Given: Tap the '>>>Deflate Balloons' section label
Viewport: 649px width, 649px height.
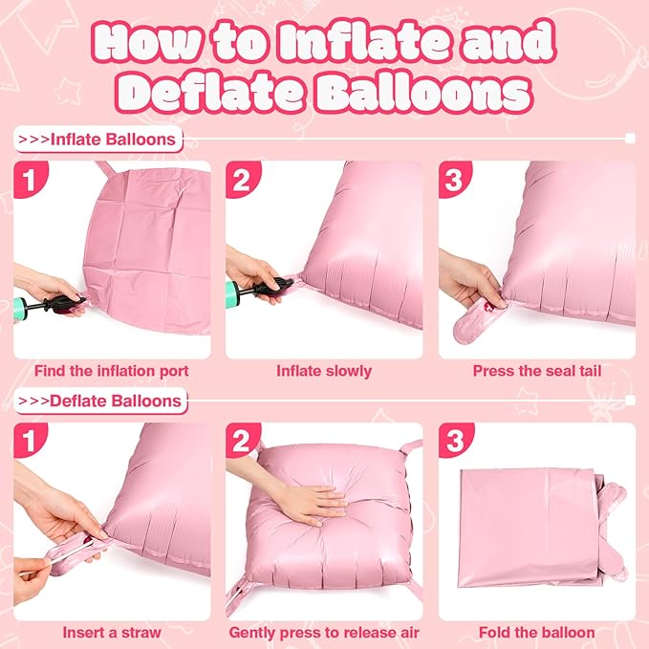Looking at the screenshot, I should pyautogui.click(x=102, y=400).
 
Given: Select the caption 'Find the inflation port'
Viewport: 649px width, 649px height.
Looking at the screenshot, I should pyautogui.click(x=112, y=370).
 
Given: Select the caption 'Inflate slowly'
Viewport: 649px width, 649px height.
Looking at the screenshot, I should pyautogui.click(x=324, y=370).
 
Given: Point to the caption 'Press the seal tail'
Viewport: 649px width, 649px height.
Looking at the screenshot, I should pyautogui.click(x=538, y=370).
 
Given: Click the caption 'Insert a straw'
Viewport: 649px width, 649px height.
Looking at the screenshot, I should pyautogui.click(x=111, y=631).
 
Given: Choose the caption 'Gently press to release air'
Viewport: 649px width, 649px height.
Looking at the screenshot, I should pyautogui.click(x=324, y=631).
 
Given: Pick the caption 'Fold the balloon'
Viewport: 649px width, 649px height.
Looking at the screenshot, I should pyautogui.click(x=538, y=631).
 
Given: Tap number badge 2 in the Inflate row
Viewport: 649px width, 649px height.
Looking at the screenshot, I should pyautogui.click(x=243, y=179).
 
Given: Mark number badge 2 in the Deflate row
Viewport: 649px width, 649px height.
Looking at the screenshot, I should pyautogui.click(x=243, y=441).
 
